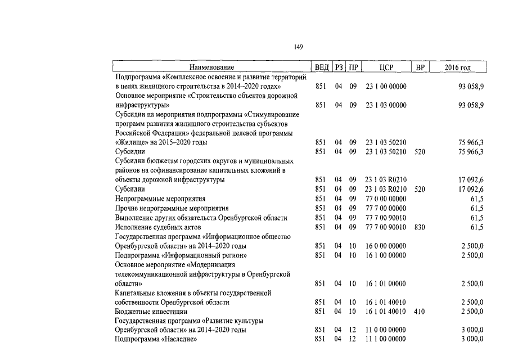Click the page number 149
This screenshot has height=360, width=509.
298,47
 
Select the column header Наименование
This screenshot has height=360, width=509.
211,67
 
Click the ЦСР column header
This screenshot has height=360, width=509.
386,67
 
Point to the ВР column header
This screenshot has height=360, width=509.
420,67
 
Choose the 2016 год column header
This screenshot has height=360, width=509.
457,67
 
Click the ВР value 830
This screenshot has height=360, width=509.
420,227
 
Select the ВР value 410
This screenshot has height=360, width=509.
420,311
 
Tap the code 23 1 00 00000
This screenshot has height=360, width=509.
386,87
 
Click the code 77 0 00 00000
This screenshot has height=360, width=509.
386,199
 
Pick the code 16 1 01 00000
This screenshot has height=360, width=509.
386,283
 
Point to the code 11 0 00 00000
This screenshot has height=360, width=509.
386,330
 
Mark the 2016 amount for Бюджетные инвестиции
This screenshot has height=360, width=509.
472,311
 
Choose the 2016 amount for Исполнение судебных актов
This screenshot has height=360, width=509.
477,227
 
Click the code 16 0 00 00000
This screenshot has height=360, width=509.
386,246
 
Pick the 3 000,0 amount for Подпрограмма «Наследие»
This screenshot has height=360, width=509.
472,339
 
